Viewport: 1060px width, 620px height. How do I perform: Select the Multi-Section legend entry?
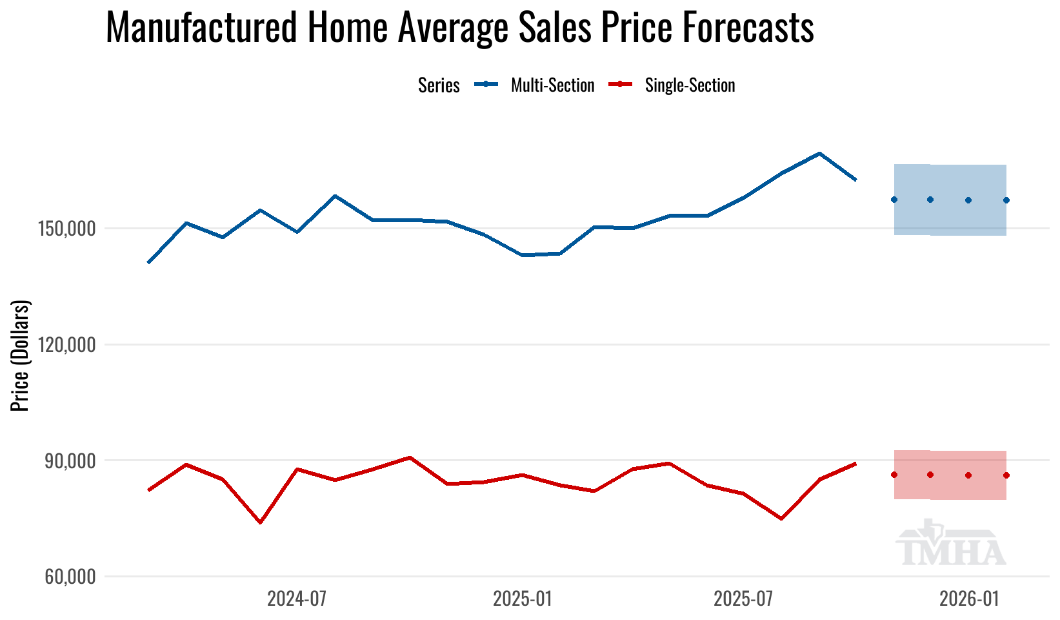click(x=552, y=85)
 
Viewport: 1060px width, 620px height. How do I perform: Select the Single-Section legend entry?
click(x=690, y=85)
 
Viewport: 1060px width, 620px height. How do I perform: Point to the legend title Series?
click(x=439, y=85)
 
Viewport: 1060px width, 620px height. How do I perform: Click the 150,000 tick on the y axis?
click(x=69, y=229)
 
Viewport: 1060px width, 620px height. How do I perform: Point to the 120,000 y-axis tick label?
click(x=69, y=345)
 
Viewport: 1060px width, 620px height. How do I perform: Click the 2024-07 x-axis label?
click(x=297, y=599)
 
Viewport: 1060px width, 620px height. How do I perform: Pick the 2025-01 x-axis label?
click(x=523, y=599)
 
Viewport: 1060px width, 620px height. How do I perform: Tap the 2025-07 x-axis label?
click(x=743, y=599)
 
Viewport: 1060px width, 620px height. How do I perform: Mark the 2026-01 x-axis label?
click(x=969, y=599)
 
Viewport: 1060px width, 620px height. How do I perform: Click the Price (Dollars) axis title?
click(x=21, y=355)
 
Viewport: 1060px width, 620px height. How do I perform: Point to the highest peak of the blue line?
click(x=819, y=154)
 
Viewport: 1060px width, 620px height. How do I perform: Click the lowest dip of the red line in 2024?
click(x=260, y=522)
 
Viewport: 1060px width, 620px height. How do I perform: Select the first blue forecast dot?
click(x=894, y=200)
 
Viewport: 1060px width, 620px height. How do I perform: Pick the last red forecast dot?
click(x=1006, y=475)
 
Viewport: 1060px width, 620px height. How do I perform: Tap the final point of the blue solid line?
click(x=855, y=180)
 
